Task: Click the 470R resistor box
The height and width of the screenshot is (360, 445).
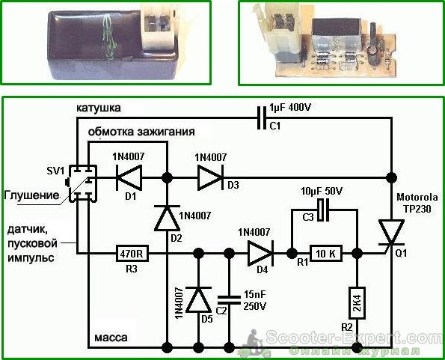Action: click(x=132, y=253)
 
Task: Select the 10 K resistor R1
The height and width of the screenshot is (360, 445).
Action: click(x=326, y=253)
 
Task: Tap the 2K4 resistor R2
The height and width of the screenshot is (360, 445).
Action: click(x=357, y=303)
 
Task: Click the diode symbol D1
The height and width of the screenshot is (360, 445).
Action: click(x=129, y=177)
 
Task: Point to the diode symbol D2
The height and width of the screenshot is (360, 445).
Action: click(x=167, y=218)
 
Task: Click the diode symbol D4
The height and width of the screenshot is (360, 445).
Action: click(x=260, y=253)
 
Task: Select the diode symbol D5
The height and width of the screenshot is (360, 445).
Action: click(x=198, y=300)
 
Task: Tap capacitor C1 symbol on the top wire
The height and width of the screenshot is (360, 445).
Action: click(x=262, y=118)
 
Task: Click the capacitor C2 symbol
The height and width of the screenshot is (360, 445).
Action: click(x=229, y=300)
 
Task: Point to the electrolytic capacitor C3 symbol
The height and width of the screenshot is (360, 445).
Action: click(x=323, y=210)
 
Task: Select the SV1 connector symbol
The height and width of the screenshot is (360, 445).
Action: click(x=82, y=183)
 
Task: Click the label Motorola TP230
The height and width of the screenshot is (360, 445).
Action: click(x=417, y=203)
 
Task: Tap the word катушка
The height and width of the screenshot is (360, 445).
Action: click(x=99, y=108)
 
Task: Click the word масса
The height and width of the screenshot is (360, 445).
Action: click(x=111, y=338)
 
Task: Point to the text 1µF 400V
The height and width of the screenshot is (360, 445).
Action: click(x=289, y=107)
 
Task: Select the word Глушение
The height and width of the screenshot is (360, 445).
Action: click(x=31, y=195)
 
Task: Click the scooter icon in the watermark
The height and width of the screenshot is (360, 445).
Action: click(x=254, y=344)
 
